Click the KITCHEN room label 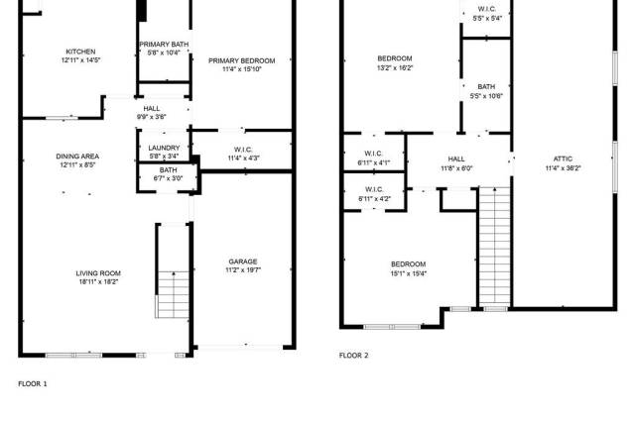tap(80, 52)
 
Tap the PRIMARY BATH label tap(164, 45)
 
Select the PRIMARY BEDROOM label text tap(242, 60)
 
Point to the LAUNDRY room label tap(164, 148)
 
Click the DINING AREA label tap(77, 157)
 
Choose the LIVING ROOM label tap(98, 273)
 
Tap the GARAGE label tap(243, 262)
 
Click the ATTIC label tap(563, 158)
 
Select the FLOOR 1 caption tap(33, 383)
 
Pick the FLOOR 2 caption tap(353, 356)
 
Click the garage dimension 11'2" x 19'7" tap(243, 270)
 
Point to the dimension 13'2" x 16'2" tap(395, 68)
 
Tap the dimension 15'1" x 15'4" tap(408, 273)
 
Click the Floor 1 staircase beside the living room tap(173, 294)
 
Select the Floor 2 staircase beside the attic tap(495, 247)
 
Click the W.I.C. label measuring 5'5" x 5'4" tap(487, 9)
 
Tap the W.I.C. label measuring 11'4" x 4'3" tap(243, 150)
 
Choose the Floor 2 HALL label tap(456, 158)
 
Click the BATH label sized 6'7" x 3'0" tap(168, 169)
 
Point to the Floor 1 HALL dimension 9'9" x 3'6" tap(152, 117)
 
